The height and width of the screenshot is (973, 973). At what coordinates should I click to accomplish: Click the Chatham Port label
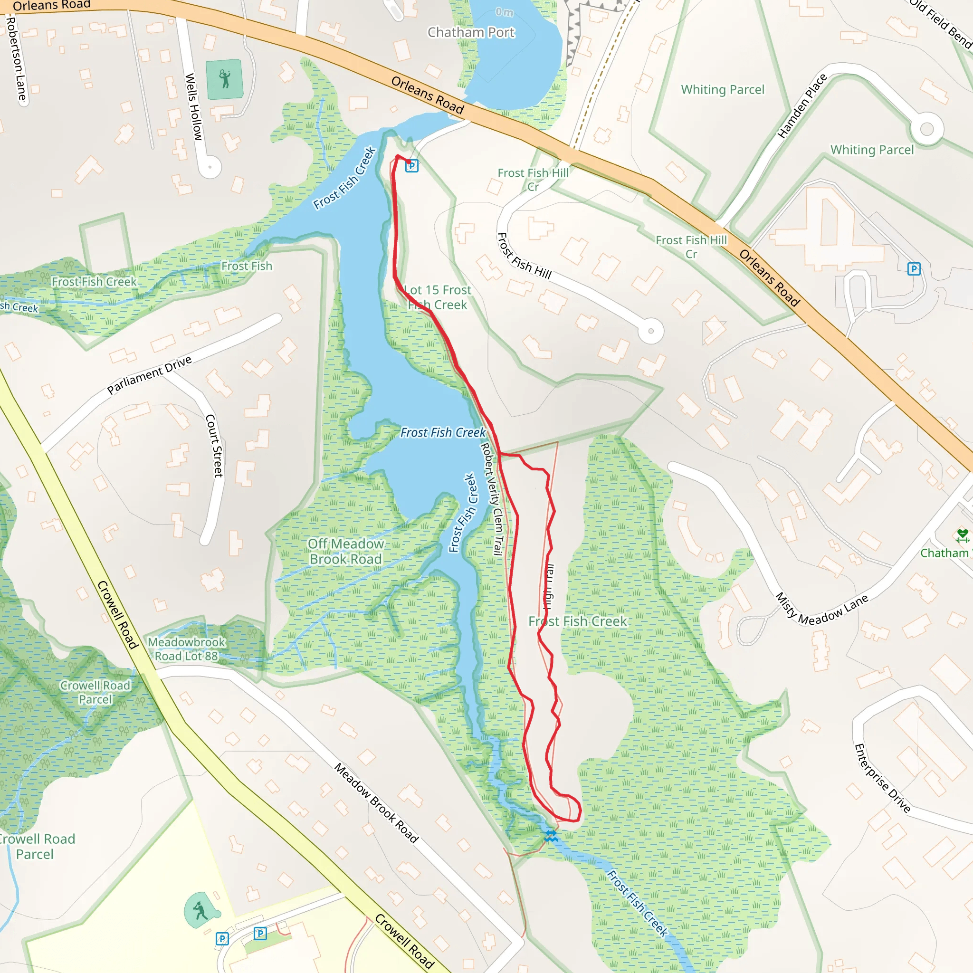coord(471,33)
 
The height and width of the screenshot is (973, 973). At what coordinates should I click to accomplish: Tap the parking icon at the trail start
coord(412,165)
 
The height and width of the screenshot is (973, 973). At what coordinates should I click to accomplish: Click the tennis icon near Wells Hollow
coord(225,79)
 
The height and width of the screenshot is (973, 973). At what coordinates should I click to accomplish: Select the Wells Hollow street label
coord(193,107)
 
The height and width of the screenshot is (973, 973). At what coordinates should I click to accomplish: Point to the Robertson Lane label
coord(16,59)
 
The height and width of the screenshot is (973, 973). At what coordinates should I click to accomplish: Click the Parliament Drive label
coord(150,375)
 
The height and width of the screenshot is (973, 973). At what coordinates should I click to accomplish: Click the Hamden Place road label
coord(802,106)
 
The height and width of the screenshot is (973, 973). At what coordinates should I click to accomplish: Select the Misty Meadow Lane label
coord(821,610)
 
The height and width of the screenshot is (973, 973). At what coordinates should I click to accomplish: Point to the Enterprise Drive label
coord(882,778)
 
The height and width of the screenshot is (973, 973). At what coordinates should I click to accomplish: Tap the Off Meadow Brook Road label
coord(346,552)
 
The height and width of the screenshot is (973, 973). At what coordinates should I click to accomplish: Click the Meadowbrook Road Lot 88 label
coord(186,649)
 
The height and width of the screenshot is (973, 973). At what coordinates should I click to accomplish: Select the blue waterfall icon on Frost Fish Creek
coord(551,837)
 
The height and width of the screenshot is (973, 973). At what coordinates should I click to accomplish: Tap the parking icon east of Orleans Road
coord(914,269)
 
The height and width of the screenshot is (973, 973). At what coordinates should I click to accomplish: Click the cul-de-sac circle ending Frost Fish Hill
coord(651,331)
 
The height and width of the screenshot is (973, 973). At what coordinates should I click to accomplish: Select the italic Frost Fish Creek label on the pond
coord(443,433)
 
